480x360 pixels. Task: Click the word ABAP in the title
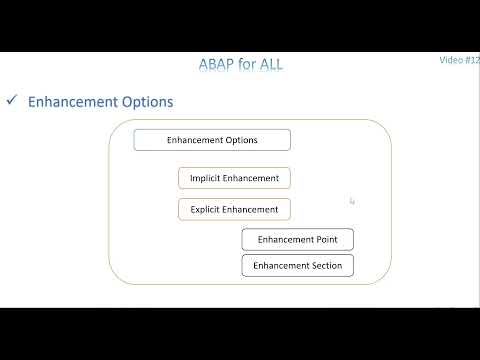[x=216, y=65]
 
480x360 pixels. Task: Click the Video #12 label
[x=459, y=60]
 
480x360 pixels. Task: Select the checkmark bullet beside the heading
[x=12, y=101]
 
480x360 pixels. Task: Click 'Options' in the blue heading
[x=146, y=102]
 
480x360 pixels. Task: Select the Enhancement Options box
[x=212, y=140]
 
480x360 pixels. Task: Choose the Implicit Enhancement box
[x=234, y=178]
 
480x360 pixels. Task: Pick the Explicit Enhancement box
[x=234, y=209]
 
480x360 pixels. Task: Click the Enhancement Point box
[x=297, y=239]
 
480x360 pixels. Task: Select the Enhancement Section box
[x=297, y=265]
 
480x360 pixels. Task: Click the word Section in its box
[x=325, y=265]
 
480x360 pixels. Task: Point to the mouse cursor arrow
[x=352, y=201]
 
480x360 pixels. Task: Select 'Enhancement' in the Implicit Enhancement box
[x=250, y=178]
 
